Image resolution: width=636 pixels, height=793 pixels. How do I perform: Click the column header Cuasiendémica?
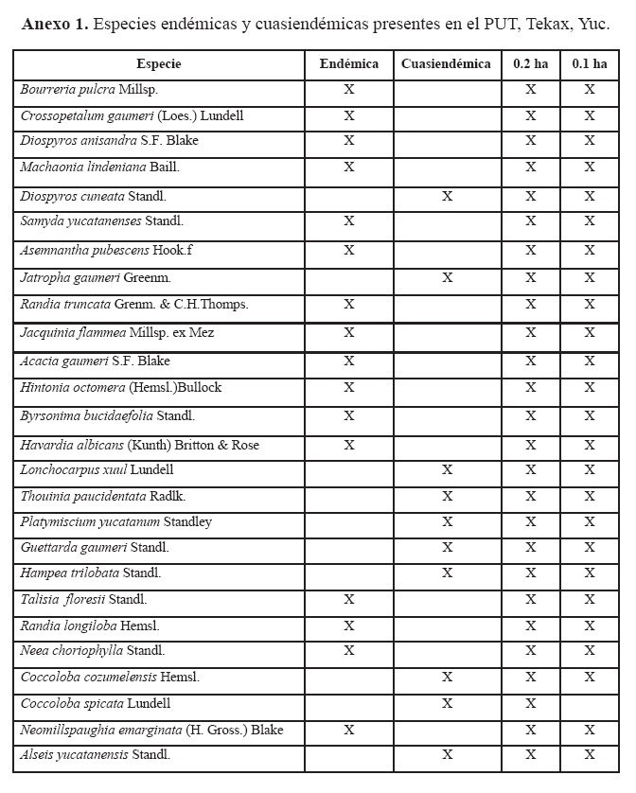coord(446,64)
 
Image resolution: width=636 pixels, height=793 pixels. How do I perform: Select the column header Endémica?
coord(348,64)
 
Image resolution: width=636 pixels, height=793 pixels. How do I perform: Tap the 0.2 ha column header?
coord(530,64)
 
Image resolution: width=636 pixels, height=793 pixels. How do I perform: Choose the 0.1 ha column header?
coord(589,64)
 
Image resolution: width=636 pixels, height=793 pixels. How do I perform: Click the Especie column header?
coord(158,64)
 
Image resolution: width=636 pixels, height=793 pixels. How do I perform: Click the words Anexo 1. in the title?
coord(55,24)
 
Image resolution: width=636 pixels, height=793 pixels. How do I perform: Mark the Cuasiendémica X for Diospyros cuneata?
coord(447,196)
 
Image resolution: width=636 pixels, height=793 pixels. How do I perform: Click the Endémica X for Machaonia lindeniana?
coord(348,167)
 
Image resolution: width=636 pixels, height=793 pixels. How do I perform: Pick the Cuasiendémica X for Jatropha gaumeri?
coord(447,278)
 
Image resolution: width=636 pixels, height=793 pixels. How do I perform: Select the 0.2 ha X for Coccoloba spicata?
coord(530,704)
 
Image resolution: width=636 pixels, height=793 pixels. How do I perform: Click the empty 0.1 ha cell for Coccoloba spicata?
coord(589,704)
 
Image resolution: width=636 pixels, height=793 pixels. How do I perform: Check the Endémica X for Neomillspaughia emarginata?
coord(348,730)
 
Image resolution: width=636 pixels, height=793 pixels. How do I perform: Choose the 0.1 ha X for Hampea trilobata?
coord(589,573)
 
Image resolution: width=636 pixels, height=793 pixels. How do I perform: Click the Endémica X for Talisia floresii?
coord(348,599)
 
